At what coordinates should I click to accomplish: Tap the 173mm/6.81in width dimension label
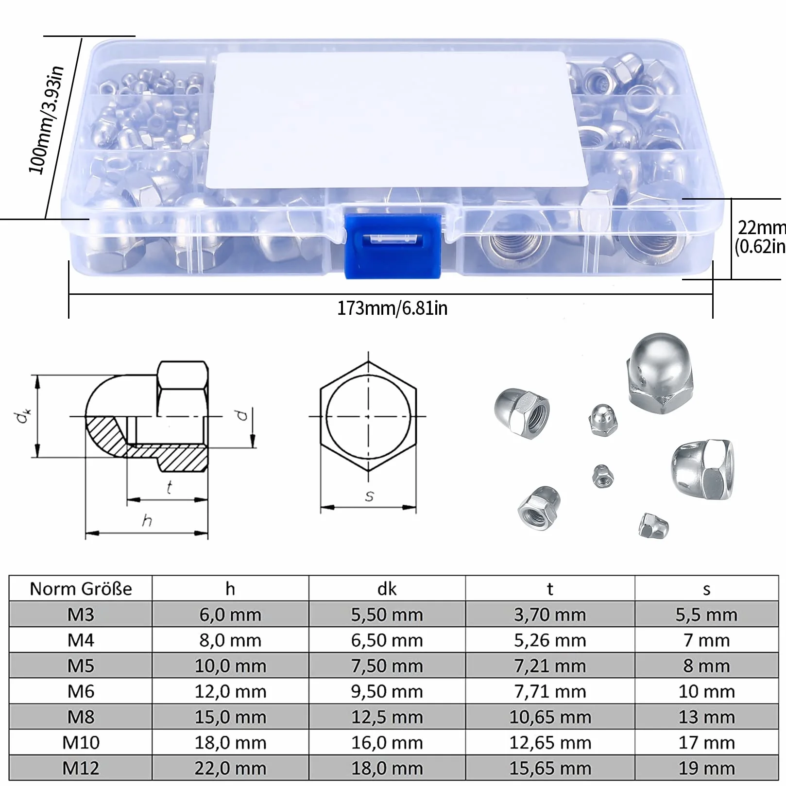tap(393, 308)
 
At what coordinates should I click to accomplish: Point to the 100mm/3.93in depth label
tap(46, 120)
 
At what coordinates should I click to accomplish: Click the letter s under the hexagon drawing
tap(369, 496)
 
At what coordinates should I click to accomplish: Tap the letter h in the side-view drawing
tap(147, 521)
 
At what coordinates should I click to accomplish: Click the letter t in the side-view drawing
tap(169, 487)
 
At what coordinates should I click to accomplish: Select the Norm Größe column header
tap(81, 589)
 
